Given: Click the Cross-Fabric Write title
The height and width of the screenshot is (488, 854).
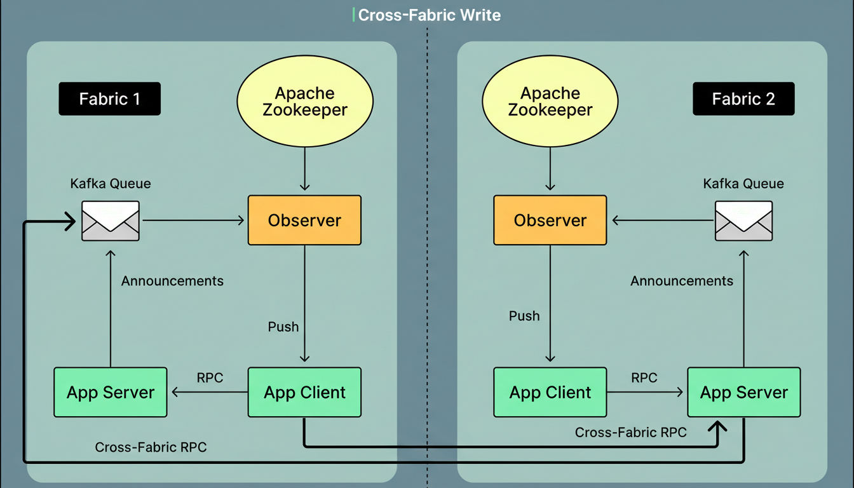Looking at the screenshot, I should (x=429, y=15).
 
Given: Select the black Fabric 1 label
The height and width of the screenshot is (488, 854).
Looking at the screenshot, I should (x=109, y=99).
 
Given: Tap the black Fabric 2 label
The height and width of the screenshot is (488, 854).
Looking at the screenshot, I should (x=743, y=99).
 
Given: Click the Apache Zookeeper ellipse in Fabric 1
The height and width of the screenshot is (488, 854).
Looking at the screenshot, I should (x=305, y=102).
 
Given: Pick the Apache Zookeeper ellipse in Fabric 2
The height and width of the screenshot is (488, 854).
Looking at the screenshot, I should (x=550, y=102).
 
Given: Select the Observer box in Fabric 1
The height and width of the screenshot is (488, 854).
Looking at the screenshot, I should (x=304, y=220).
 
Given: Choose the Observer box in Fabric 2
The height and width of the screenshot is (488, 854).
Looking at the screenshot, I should (x=550, y=220).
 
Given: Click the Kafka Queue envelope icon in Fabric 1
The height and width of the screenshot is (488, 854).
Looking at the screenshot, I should (x=111, y=220).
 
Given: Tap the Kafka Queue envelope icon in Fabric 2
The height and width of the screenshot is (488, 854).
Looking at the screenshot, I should (x=743, y=220).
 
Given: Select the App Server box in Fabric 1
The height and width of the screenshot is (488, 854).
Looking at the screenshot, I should (x=111, y=392).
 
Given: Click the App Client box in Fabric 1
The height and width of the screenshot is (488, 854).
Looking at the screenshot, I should (x=304, y=392).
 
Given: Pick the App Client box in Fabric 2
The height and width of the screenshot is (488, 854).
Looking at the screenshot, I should (x=550, y=392).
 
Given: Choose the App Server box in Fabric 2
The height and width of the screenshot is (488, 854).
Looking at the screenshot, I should (x=743, y=392).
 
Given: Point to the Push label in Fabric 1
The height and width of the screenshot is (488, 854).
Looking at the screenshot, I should (x=283, y=327).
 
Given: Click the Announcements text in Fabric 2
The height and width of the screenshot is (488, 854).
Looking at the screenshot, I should (x=682, y=281).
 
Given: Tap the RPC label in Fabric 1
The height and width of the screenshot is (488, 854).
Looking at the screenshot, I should (x=210, y=378).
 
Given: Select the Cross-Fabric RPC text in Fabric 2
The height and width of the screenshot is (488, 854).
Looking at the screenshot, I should (x=631, y=433).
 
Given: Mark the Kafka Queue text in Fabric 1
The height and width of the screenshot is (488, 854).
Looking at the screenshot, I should (x=111, y=184).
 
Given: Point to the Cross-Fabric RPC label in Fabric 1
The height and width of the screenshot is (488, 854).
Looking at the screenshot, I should (x=151, y=447).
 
